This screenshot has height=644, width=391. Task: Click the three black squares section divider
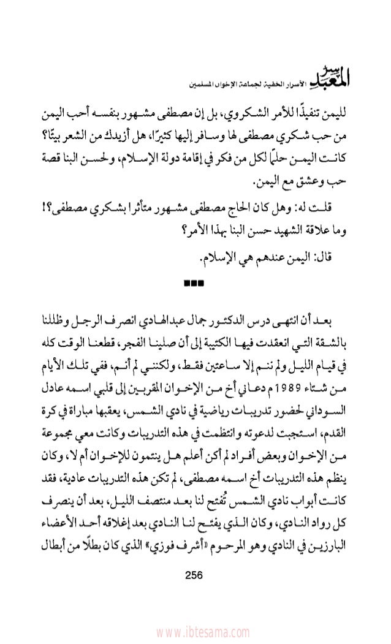(195, 282)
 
